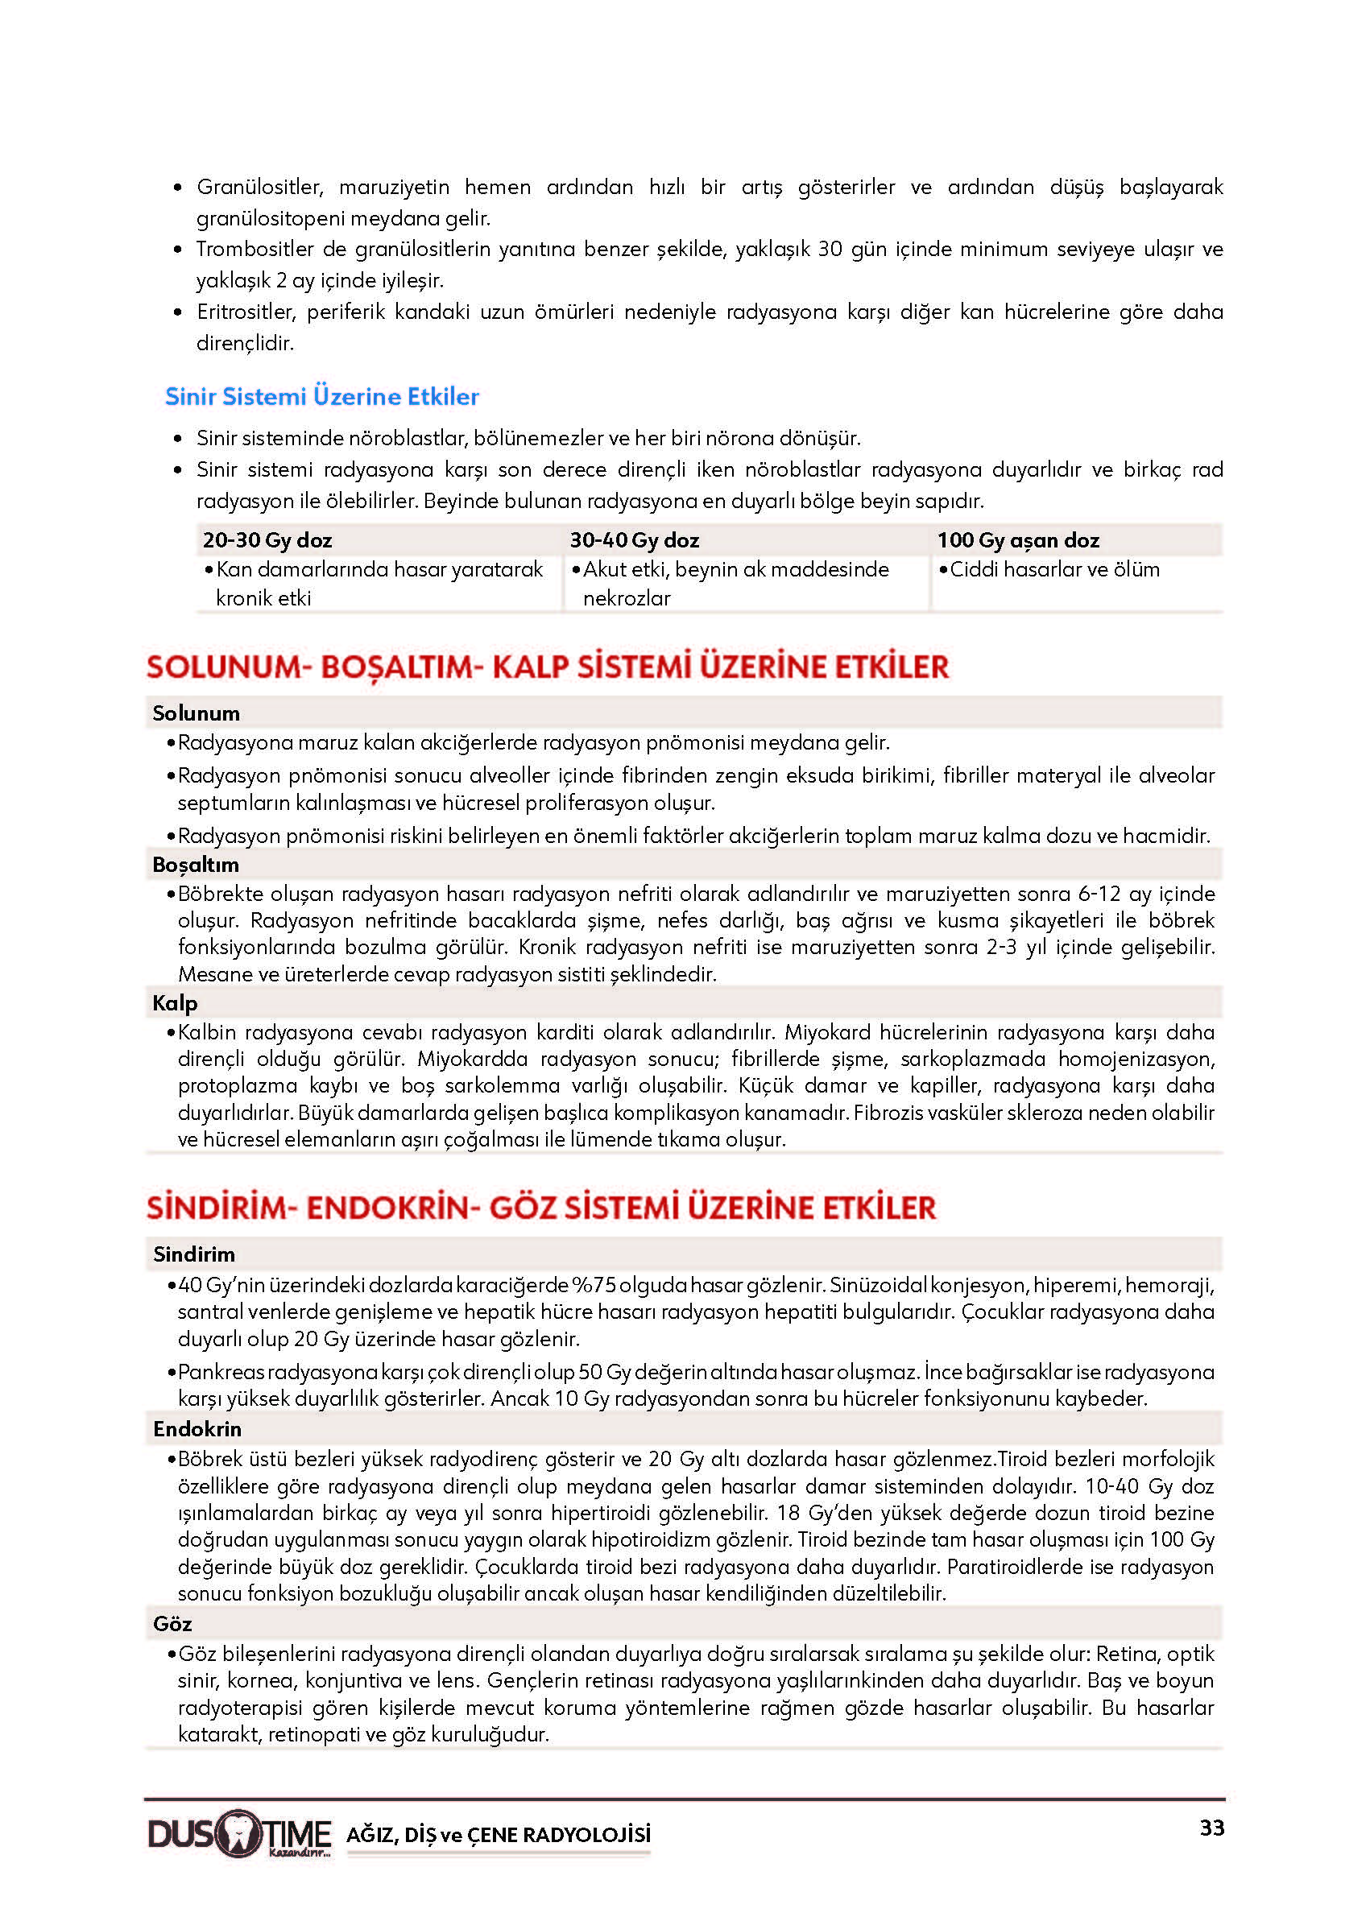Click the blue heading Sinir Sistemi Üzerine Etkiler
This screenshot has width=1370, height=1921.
[x=321, y=396]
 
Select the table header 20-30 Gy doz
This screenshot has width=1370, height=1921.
[x=267, y=539]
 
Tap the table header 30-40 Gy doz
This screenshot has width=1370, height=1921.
[x=634, y=539]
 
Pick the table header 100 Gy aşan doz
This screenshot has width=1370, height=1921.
[x=1017, y=539]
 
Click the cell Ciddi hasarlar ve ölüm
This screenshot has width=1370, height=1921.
[x=1053, y=569]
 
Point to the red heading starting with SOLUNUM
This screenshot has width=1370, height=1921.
[x=548, y=667]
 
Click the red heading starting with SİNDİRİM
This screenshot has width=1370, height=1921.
[x=540, y=1208]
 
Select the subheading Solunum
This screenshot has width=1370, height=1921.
[x=196, y=713]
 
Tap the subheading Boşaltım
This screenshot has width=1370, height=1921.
[x=195, y=865]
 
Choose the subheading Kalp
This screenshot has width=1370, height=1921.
[x=175, y=1002]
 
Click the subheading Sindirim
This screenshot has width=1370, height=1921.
[x=193, y=1254]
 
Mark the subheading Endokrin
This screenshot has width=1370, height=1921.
[x=197, y=1429]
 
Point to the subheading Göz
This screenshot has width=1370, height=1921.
[x=172, y=1624]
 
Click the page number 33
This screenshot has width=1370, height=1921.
[x=1211, y=1828]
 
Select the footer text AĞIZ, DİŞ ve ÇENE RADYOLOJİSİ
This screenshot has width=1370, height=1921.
[x=498, y=1834]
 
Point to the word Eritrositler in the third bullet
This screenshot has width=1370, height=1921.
[x=246, y=312]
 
